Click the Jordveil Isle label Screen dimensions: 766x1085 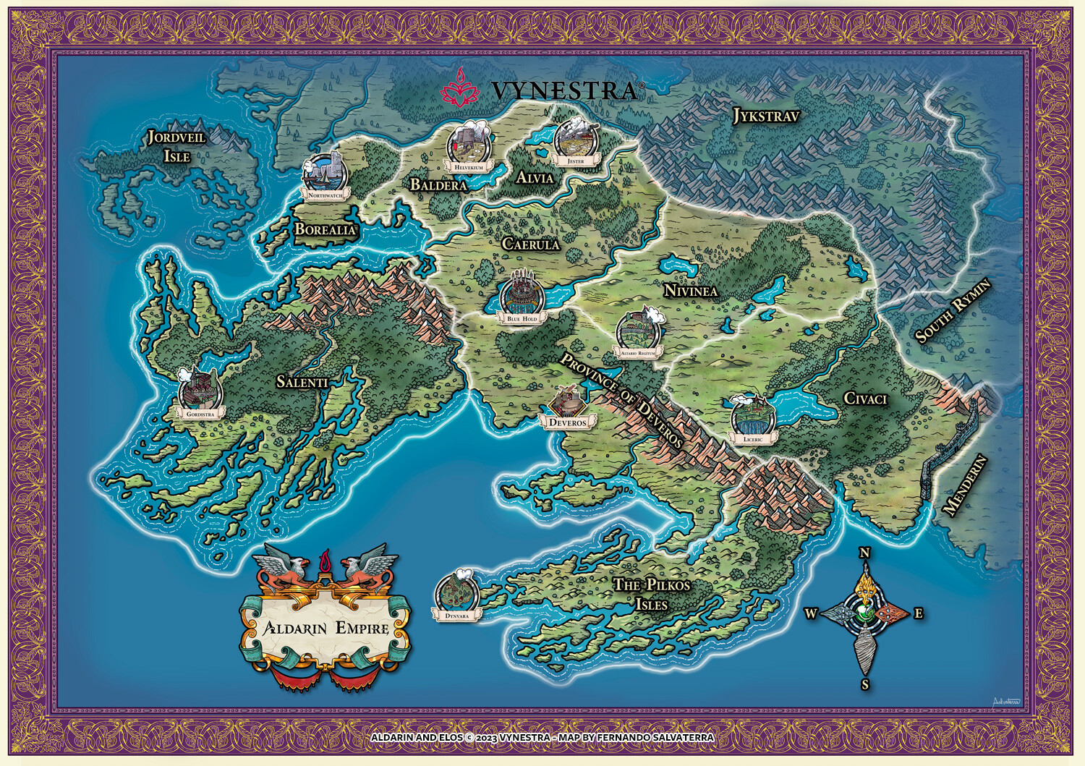tap(176, 146)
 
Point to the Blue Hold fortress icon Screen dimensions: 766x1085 tap(522, 292)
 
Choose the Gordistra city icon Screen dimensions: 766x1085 tap(200, 390)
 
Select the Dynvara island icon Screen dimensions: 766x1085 tap(456, 592)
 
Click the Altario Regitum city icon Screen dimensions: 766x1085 tap(638, 331)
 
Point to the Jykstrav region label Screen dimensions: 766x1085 tap(766, 116)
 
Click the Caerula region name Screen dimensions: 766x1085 tap(531, 244)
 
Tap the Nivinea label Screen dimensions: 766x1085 tap(691, 291)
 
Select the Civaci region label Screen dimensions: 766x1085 tap(865, 399)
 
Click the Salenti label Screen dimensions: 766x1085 tap(302, 382)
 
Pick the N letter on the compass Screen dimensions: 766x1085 tap(864, 553)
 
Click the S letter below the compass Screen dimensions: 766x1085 tap(865, 684)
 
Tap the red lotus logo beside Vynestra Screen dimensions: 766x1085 tap(461, 88)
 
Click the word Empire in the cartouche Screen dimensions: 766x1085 tap(362, 628)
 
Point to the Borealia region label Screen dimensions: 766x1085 tap(325, 229)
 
